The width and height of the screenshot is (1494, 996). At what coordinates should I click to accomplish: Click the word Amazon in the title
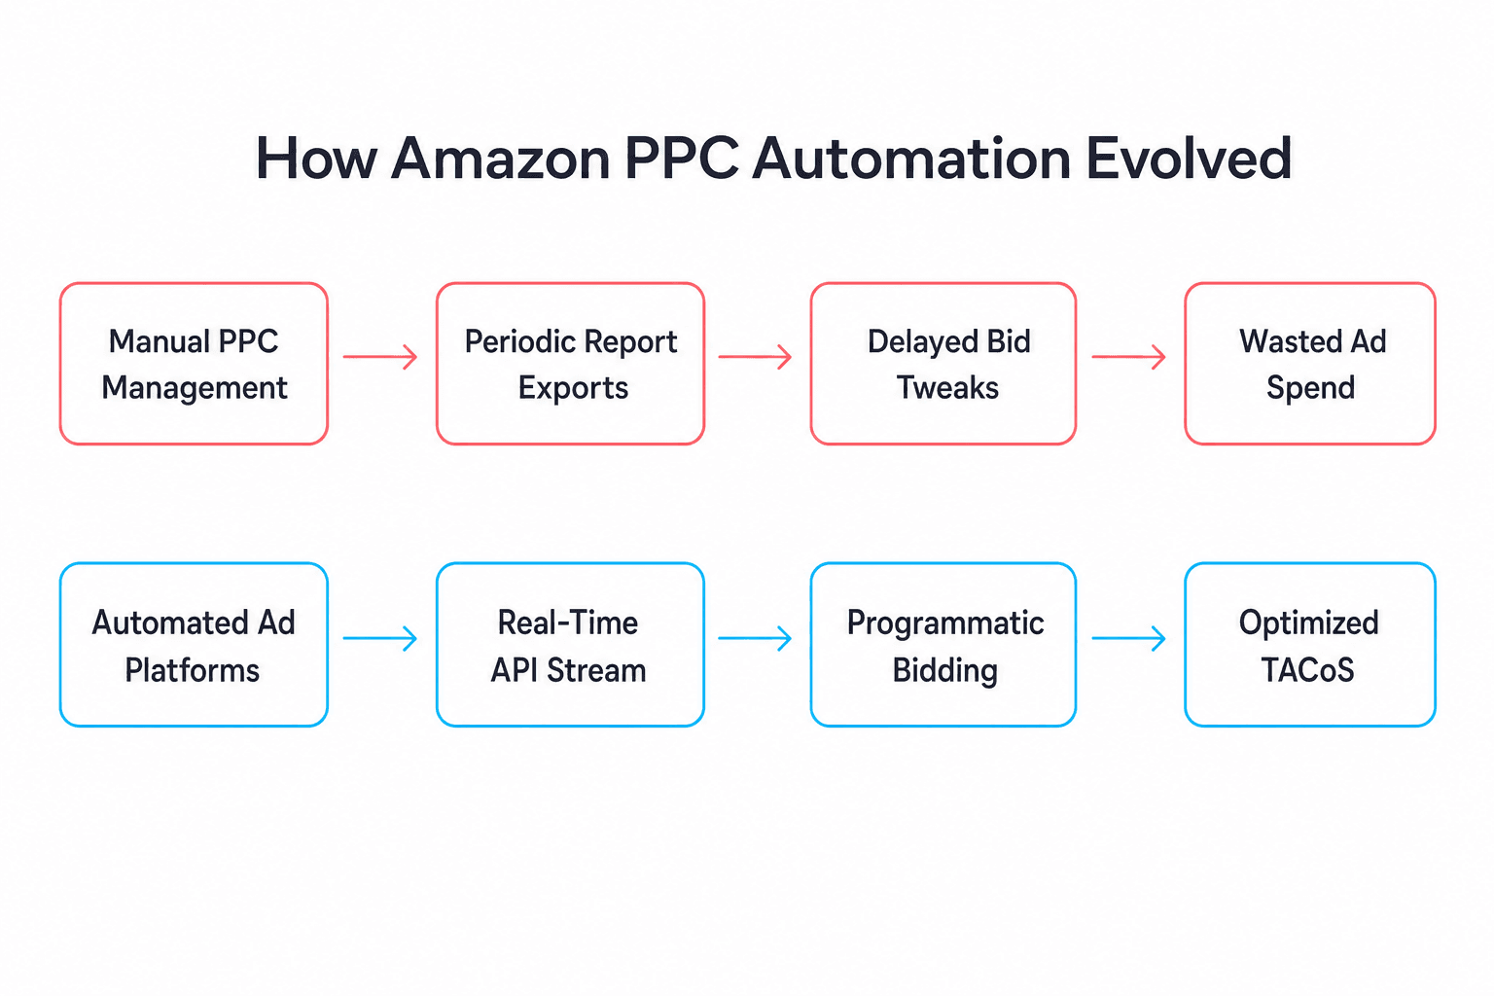point(500,159)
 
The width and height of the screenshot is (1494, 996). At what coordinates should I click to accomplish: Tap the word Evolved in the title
point(1190,159)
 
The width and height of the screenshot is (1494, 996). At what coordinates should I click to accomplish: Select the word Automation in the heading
point(911,159)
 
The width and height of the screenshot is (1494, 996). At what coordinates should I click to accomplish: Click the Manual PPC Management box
point(194,364)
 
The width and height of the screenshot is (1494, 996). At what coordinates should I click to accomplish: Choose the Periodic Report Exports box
point(570,364)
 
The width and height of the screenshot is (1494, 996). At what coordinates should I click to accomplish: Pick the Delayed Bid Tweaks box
point(943,364)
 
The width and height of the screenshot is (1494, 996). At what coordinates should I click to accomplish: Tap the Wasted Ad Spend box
point(1310,364)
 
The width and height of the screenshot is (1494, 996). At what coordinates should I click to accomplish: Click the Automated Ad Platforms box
point(194,645)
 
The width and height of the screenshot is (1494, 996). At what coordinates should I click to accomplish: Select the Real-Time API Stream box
point(570,645)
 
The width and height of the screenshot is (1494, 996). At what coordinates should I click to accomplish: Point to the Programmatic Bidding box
point(943,645)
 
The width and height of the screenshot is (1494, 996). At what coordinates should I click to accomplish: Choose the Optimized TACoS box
point(1310,645)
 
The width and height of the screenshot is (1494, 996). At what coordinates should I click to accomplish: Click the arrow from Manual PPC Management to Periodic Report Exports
point(380,357)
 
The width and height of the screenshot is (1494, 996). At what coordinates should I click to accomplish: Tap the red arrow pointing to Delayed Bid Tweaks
point(755,357)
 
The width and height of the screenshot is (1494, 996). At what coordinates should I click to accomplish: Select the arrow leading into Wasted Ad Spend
point(1128,357)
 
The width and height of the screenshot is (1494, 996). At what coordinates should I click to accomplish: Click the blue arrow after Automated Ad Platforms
point(380,638)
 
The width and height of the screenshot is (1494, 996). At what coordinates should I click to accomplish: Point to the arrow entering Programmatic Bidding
point(755,638)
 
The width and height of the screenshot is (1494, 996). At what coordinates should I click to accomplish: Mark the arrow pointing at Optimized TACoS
point(1128,638)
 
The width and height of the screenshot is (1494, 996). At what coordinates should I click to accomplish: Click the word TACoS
point(1307,669)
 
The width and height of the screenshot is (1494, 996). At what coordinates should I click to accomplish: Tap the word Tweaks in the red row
point(947,387)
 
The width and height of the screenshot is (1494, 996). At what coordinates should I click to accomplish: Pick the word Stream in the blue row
point(596,670)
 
